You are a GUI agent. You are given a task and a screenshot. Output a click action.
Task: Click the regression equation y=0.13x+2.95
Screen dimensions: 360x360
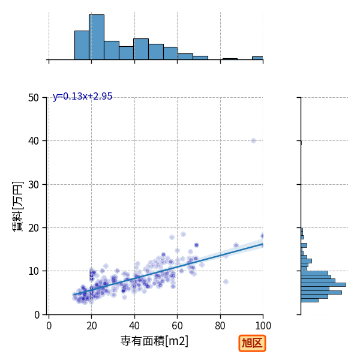point(82,96)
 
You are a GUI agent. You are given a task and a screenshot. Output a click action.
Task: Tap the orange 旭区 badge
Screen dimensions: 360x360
point(252,343)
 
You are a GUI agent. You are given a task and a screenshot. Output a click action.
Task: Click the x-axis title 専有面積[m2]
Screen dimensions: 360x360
point(154,341)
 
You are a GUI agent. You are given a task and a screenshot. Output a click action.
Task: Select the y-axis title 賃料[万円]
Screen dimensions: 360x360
point(17,206)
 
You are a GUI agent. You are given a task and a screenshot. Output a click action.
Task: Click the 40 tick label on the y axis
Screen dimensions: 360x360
point(34,141)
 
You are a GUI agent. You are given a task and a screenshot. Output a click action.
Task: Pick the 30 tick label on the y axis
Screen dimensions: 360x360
point(34,185)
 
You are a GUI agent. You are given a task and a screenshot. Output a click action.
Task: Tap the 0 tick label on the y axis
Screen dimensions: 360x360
point(37,315)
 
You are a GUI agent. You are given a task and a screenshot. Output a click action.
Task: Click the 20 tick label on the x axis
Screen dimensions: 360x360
point(92,326)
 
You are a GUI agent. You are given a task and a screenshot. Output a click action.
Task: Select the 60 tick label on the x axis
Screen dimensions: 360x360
point(177,326)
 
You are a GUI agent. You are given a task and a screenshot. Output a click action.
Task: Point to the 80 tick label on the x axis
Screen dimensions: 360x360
point(220,326)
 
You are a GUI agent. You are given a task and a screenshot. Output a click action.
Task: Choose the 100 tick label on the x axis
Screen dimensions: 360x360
point(263,326)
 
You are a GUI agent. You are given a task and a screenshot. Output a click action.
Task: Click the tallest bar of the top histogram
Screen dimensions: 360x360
point(97,37)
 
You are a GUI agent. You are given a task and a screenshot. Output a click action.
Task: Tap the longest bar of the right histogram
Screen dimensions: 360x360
point(323,284)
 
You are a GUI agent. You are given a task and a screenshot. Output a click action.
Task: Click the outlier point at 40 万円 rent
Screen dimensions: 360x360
point(253,141)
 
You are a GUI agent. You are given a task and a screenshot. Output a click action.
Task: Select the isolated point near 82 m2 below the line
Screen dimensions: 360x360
point(226,282)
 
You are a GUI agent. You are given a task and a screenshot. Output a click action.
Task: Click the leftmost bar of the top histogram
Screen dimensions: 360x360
point(82,45)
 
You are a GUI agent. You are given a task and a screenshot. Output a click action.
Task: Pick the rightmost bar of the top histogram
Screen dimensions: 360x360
point(257,58)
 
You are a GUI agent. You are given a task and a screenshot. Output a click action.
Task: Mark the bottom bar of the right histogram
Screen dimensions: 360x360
point(310,301)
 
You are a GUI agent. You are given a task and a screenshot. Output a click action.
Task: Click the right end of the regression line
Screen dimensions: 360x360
point(263,244)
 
